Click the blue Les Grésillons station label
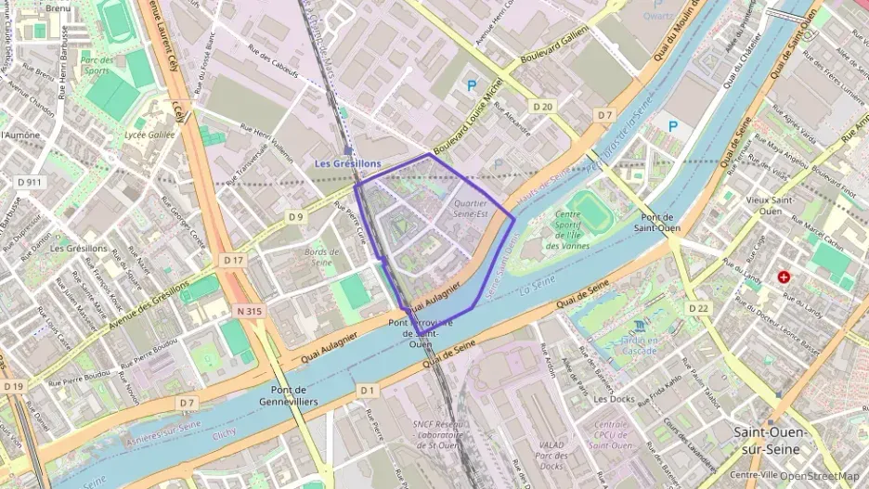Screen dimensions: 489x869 (347, 163)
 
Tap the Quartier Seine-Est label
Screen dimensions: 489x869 (470, 209)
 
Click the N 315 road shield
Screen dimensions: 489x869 (249, 311)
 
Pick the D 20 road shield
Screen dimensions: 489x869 (543, 107)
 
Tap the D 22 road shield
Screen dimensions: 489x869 (698, 307)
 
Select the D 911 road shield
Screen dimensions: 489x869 (30, 182)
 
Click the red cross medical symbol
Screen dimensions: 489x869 (785, 277)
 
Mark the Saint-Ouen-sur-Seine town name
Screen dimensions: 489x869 (770, 440)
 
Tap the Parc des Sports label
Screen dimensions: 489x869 (97, 65)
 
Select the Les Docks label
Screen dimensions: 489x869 (612, 398)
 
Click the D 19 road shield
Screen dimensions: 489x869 (13, 385)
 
